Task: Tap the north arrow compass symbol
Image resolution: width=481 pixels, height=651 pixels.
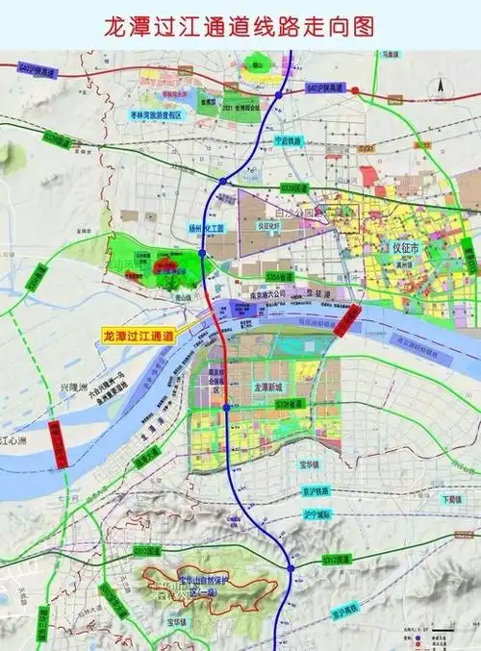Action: coord(440,85)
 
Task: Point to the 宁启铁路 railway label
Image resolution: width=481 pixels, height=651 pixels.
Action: coord(288,140)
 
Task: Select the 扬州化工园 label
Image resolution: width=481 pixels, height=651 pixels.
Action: coord(205,229)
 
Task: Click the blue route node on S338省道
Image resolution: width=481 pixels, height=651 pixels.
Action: coord(225,408)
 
